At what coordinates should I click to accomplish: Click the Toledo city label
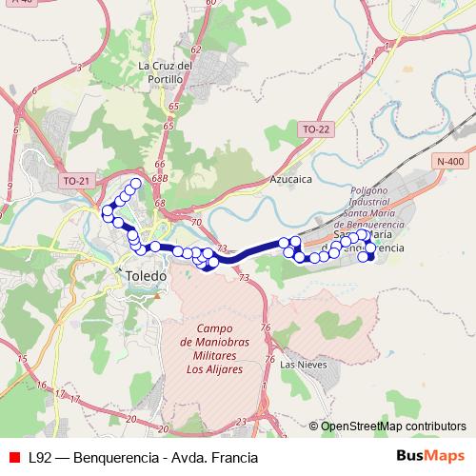pyautogui.click(x=146, y=275)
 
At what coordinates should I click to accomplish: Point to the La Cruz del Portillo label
pyautogui.click(x=166, y=71)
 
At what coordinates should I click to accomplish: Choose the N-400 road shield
pyautogui.click(x=449, y=162)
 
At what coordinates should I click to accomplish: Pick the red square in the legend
pyautogui.click(x=13, y=458)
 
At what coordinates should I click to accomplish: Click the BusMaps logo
pyautogui.click(x=431, y=457)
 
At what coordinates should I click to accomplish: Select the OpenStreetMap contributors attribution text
pyautogui.click(x=393, y=426)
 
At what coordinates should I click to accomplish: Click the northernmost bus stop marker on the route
pyautogui.click(x=135, y=183)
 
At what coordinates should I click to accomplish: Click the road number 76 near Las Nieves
pyautogui.click(x=268, y=327)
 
